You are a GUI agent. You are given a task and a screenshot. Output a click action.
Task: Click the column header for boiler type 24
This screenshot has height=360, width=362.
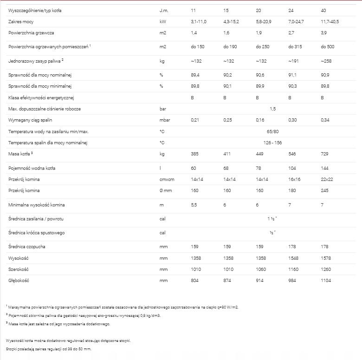pos(291,10)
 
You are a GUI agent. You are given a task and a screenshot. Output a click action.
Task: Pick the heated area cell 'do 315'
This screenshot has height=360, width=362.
pos(295,47)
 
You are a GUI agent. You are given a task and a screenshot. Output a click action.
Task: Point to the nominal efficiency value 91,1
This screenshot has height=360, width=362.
pos(292,75)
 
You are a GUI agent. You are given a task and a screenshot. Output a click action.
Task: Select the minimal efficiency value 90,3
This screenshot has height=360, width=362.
pos(292,86)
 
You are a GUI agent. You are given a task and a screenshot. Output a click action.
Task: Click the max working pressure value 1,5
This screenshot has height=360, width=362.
pos(272,109)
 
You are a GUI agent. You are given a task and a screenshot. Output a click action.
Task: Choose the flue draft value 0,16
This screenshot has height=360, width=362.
pos(260,120)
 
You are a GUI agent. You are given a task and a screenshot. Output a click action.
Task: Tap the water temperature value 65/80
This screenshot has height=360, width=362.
pos(272,131)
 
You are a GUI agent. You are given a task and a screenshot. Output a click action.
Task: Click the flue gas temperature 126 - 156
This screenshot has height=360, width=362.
pos(272,142)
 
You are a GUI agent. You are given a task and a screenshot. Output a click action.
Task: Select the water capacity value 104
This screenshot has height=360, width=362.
pos(292,167)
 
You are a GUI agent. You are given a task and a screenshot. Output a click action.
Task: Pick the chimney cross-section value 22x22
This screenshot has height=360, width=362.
pos(327,179)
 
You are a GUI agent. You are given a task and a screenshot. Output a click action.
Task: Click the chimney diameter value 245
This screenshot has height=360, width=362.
pos(325,191)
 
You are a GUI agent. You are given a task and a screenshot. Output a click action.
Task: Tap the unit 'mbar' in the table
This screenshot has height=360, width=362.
pos(164,120)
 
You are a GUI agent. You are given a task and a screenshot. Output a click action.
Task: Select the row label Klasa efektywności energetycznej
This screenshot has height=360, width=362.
pos(41,97)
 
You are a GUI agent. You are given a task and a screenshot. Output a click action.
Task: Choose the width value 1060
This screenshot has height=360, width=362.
pos(261,269)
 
